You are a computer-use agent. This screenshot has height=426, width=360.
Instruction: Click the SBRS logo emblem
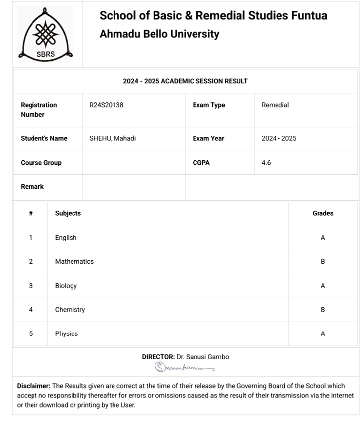(x=45, y=35)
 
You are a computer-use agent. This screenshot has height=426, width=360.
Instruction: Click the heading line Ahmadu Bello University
(x=159, y=34)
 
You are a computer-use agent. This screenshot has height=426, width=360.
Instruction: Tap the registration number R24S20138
(x=106, y=105)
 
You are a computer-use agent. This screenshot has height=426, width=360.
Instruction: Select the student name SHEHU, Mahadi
(x=112, y=138)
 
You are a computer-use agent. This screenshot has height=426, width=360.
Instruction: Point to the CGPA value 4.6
(x=266, y=163)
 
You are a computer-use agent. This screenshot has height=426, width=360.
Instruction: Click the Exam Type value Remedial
(x=275, y=105)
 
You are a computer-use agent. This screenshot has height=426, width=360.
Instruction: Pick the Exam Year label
(x=208, y=138)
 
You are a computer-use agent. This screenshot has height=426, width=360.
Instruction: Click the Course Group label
(x=41, y=163)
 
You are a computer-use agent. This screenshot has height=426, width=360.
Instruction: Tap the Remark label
(x=32, y=187)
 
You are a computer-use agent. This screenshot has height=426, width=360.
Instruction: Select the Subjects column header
(x=68, y=213)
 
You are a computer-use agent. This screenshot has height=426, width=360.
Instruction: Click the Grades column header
(x=322, y=213)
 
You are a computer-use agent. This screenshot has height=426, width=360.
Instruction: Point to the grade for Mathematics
(x=322, y=262)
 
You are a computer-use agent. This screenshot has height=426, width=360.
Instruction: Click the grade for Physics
(x=322, y=334)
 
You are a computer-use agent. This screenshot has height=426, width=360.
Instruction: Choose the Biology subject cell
(x=66, y=286)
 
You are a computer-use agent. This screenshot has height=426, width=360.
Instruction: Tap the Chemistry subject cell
(x=70, y=310)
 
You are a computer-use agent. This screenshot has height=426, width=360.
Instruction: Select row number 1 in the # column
(x=30, y=238)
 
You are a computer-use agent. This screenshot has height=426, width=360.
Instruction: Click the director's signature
(x=184, y=368)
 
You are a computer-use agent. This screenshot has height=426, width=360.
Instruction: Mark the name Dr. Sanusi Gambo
(x=203, y=357)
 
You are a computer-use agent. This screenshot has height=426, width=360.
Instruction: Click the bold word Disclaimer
(x=33, y=386)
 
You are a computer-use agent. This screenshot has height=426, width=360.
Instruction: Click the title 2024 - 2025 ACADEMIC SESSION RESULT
(x=185, y=81)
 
